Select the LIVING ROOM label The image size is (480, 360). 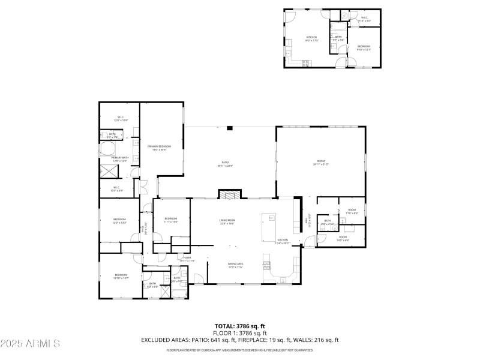pyautogui.click(x=227, y=221)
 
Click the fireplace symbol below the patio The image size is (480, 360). pyautogui.click(x=230, y=195)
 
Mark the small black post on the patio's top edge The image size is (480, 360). pyautogui.click(x=229, y=127)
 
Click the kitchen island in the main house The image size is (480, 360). pyautogui.click(x=268, y=225)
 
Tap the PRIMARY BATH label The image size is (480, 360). pyautogui.click(x=120, y=158)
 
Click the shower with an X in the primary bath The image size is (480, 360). pyautogui.click(x=109, y=171)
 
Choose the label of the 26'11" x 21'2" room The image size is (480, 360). pyautogui.click(x=320, y=162)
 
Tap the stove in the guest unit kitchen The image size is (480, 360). pyautogui.click(x=305, y=62)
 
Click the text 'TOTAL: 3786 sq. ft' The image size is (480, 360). pyautogui.click(x=239, y=326)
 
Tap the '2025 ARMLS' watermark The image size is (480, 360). pyautogui.click(x=30, y=344)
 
